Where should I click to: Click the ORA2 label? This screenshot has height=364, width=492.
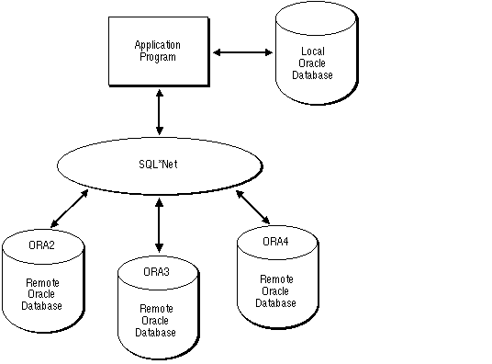(x=43, y=246)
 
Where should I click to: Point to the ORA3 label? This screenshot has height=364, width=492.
(x=157, y=272)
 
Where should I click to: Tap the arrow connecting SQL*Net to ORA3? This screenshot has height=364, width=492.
(x=160, y=226)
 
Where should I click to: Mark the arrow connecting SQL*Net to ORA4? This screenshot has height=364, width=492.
(x=252, y=207)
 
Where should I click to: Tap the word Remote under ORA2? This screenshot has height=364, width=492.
(x=43, y=284)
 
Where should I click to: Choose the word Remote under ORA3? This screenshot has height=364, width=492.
(x=157, y=310)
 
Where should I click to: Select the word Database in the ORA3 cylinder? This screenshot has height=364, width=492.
(x=157, y=332)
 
